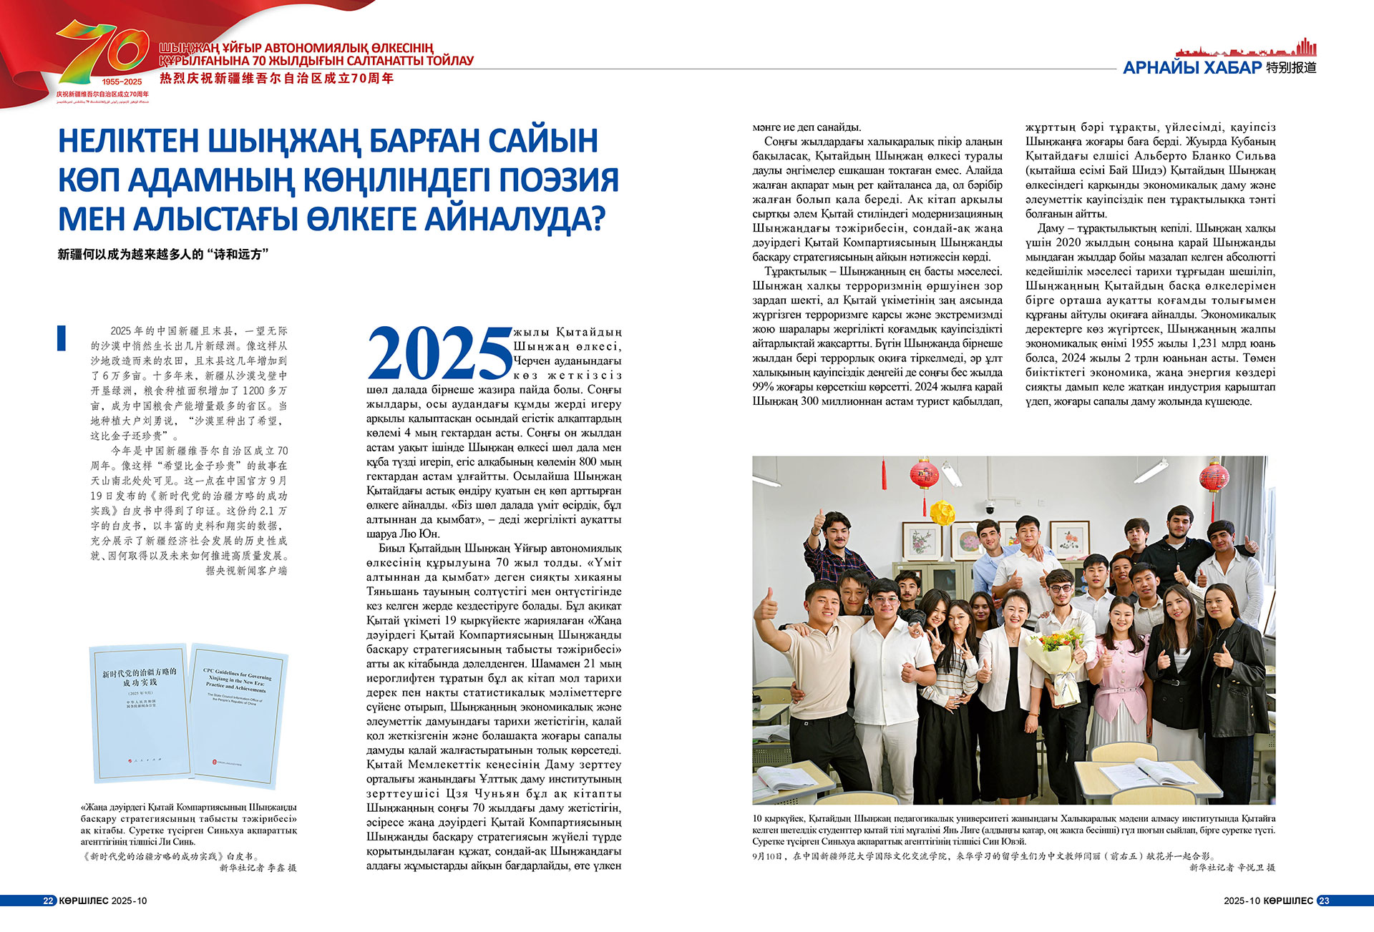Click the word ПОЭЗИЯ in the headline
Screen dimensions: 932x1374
tap(558, 180)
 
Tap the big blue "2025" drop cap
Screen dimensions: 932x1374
tap(439, 353)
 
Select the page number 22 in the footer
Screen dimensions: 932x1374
tap(48, 901)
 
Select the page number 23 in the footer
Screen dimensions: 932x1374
tap(1324, 901)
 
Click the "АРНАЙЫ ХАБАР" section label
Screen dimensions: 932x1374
tap(1192, 68)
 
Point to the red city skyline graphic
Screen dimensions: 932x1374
tap(1246, 48)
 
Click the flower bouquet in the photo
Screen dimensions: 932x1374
tap(1051, 652)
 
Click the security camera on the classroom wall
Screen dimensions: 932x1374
tap(990, 508)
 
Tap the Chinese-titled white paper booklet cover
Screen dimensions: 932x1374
tap(138, 712)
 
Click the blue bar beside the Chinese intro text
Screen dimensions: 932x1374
tap(62, 338)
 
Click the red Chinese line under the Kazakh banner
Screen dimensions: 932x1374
tap(276, 79)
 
